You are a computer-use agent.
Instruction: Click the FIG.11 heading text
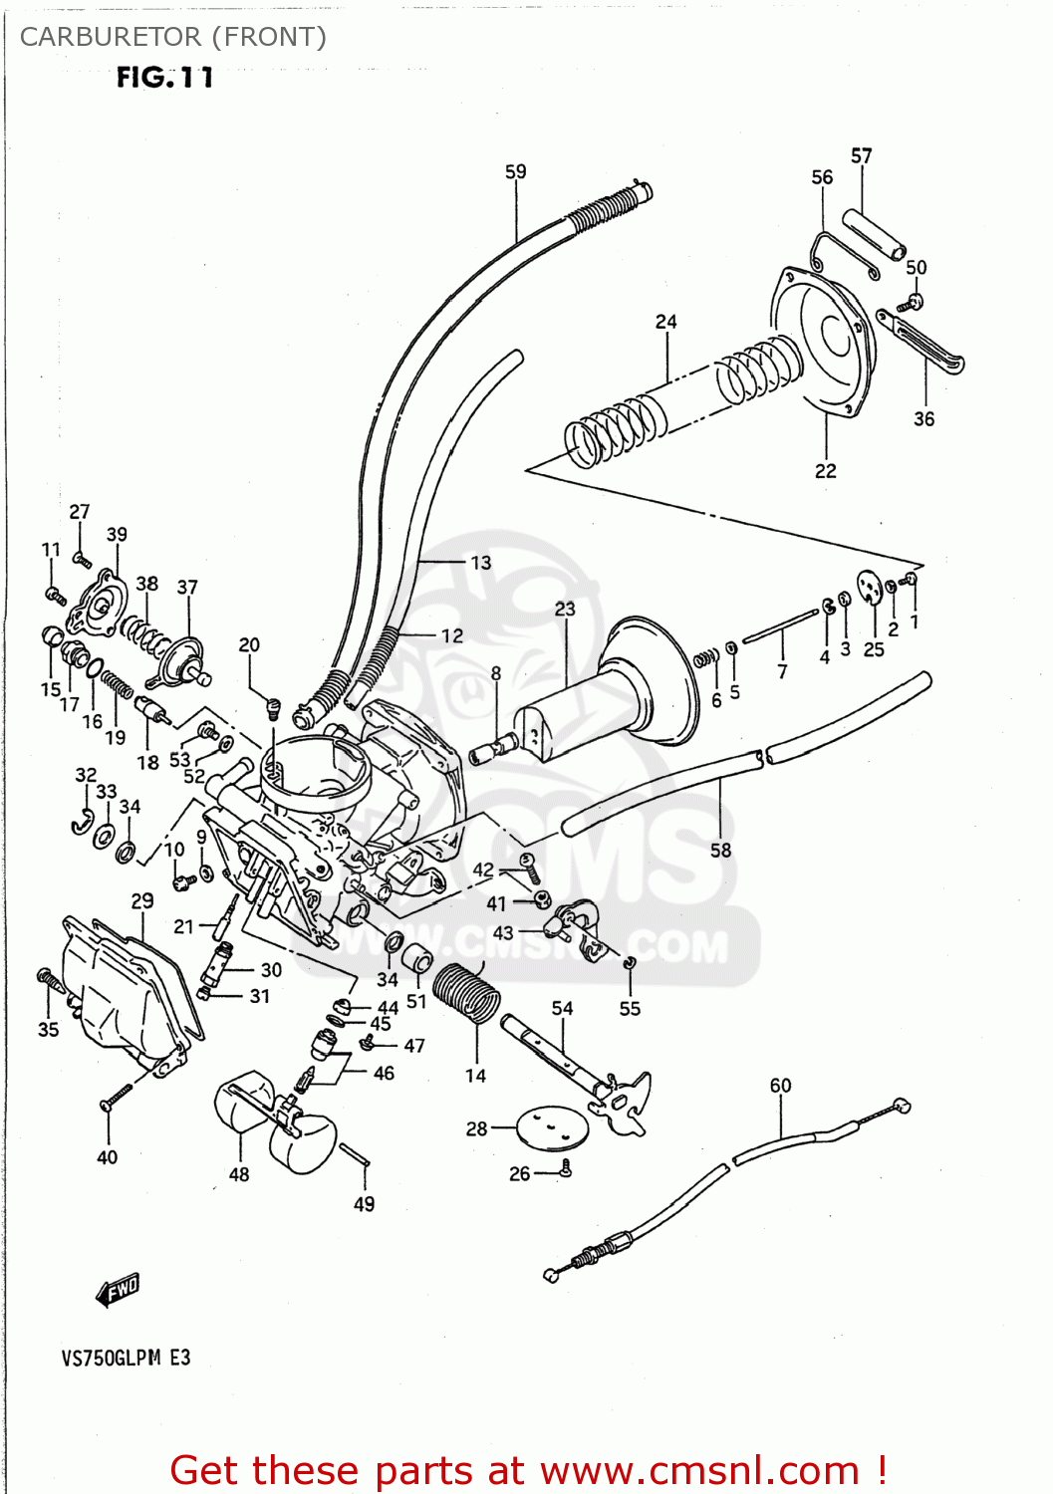164,78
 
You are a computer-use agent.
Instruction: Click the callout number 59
515,171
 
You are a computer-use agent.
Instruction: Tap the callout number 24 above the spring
665,322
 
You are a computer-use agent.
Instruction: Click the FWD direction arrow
118,1290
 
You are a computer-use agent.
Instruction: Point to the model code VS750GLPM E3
126,1358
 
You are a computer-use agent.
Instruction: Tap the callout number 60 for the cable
780,1086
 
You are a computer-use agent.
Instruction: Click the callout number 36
923,419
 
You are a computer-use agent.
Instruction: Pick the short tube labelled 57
875,231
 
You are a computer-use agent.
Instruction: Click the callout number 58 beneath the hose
720,850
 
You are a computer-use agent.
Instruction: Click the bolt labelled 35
48,980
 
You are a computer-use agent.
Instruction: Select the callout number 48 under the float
239,1174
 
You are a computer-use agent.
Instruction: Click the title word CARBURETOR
111,37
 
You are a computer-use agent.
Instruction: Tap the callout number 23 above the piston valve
565,609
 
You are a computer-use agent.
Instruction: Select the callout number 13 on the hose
480,563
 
